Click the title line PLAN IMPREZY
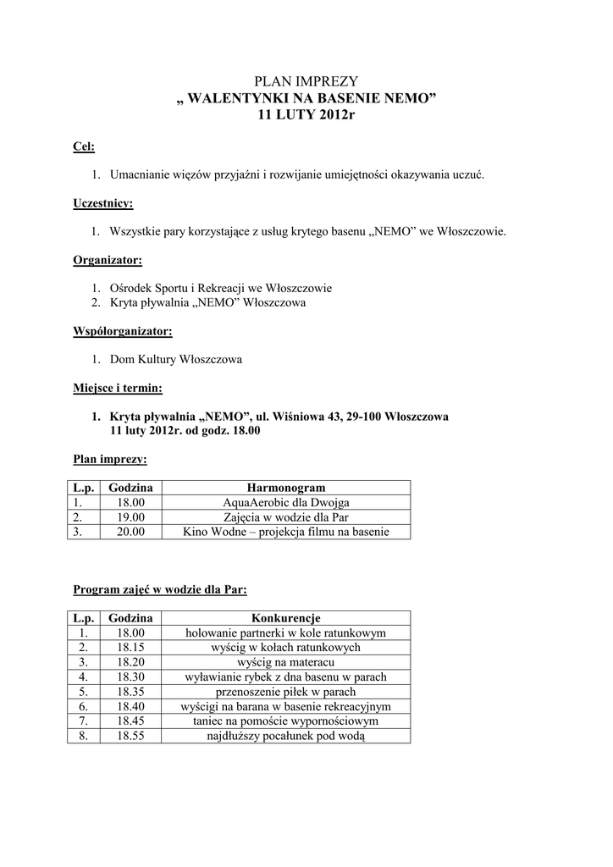click(x=306, y=81)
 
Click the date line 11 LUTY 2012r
click(x=306, y=114)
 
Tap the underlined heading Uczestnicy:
click(x=102, y=203)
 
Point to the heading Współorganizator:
click(x=122, y=331)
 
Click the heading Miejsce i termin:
click(x=118, y=389)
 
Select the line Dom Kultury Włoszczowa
click(x=176, y=360)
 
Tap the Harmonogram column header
click(x=285, y=488)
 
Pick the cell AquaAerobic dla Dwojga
click(x=285, y=502)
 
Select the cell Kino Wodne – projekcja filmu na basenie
click(x=285, y=532)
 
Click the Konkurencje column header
click(x=285, y=618)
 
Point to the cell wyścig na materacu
click(x=285, y=662)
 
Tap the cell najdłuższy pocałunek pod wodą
click(x=285, y=737)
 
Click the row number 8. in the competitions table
click(x=83, y=737)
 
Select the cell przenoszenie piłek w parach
click(x=285, y=692)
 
